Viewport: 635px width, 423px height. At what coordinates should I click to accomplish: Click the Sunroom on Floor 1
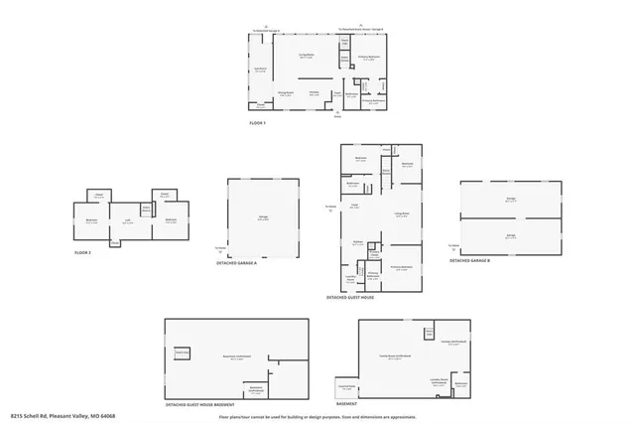[261, 70]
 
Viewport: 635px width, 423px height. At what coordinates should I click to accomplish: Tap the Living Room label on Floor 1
[308, 58]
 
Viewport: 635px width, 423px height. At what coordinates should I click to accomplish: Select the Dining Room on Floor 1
[286, 93]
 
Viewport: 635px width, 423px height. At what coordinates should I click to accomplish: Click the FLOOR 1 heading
[259, 123]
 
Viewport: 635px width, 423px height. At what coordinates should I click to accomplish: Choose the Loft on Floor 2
[128, 222]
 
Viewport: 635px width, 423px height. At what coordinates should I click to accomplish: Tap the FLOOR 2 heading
[83, 253]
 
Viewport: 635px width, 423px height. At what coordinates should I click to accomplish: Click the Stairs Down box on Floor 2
[145, 209]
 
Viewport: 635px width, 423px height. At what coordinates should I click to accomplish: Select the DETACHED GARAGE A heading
[236, 263]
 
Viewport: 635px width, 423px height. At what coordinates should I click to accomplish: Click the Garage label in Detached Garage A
[263, 218]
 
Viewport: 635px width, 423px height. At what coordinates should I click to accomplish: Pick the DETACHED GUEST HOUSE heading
[350, 297]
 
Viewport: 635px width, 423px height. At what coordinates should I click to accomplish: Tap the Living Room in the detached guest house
[401, 214]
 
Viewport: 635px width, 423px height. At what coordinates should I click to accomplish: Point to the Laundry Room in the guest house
[350, 279]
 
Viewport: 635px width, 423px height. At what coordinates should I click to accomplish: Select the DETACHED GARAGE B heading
[472, 260]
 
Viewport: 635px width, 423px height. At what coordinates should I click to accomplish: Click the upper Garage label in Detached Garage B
[510, 200]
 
